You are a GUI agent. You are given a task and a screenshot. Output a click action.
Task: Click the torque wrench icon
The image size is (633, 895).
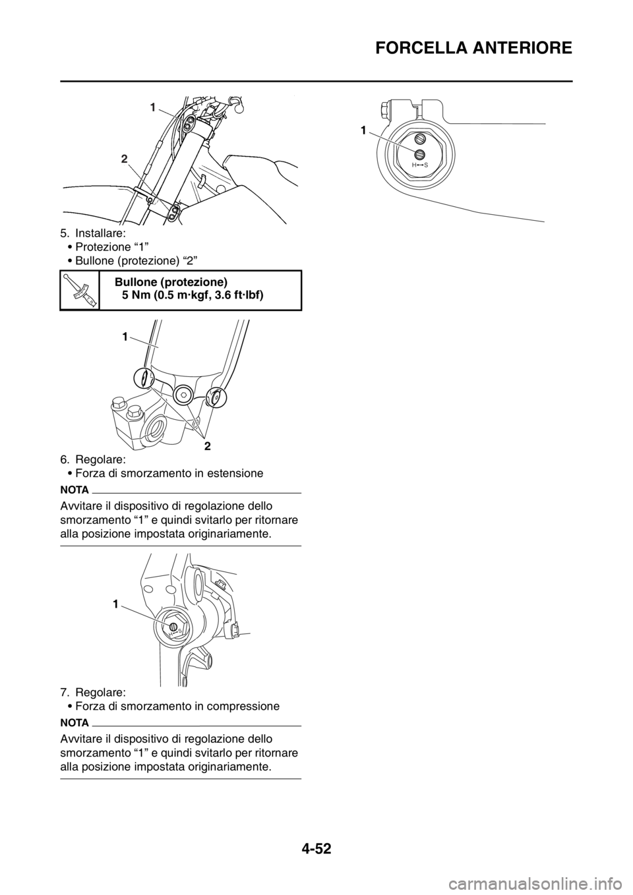79,289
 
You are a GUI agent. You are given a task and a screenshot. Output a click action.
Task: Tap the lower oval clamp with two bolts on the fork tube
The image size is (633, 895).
173,212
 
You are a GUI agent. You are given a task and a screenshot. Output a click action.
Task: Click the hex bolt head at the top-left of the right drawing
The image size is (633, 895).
384,105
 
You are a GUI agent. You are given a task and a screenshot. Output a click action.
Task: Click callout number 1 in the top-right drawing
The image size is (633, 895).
363,132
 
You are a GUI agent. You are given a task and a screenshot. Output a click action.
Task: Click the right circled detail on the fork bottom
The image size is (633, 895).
216,397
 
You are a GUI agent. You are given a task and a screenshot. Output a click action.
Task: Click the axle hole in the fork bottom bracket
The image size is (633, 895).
158,432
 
